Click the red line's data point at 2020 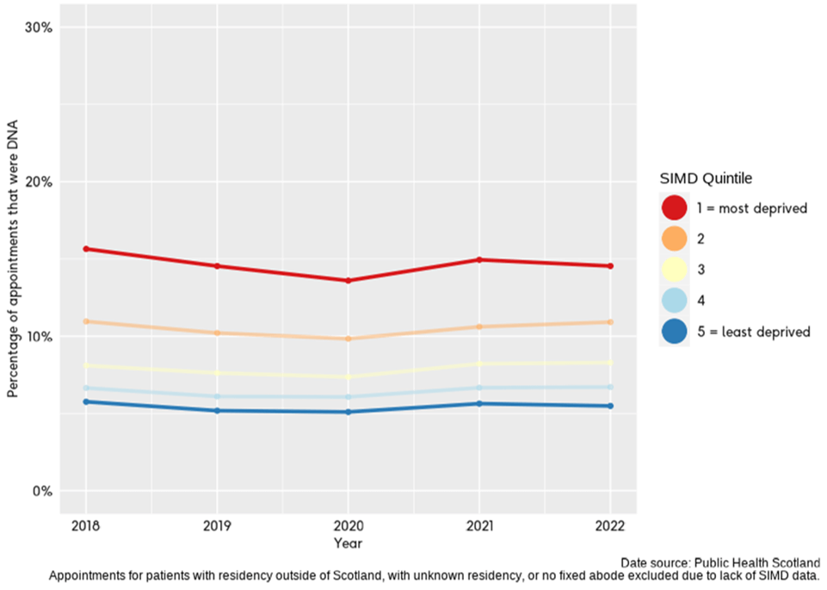[x=348, y=281]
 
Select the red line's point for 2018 [x=85, y=249]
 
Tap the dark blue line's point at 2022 [x=610, y=406]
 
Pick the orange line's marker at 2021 [x=479, y=326]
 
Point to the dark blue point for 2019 [x=217, y=411]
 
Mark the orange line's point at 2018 [x=85, y=321]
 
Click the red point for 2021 [x=479, y=259]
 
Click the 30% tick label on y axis [x=39, y=28]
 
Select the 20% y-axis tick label [x=39, y=182]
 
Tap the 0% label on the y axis [x=42, y=492]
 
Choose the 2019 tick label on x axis [x=217, y=526]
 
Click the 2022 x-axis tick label [x=610, y=526]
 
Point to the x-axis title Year [x=348, y=543]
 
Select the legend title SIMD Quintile [x=706, y=179]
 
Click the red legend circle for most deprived [x=674, y=208]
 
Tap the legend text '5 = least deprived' [x=753, y=332]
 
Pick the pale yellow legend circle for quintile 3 [x=674, y=270]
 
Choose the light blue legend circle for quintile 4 [x=674, y=301]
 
